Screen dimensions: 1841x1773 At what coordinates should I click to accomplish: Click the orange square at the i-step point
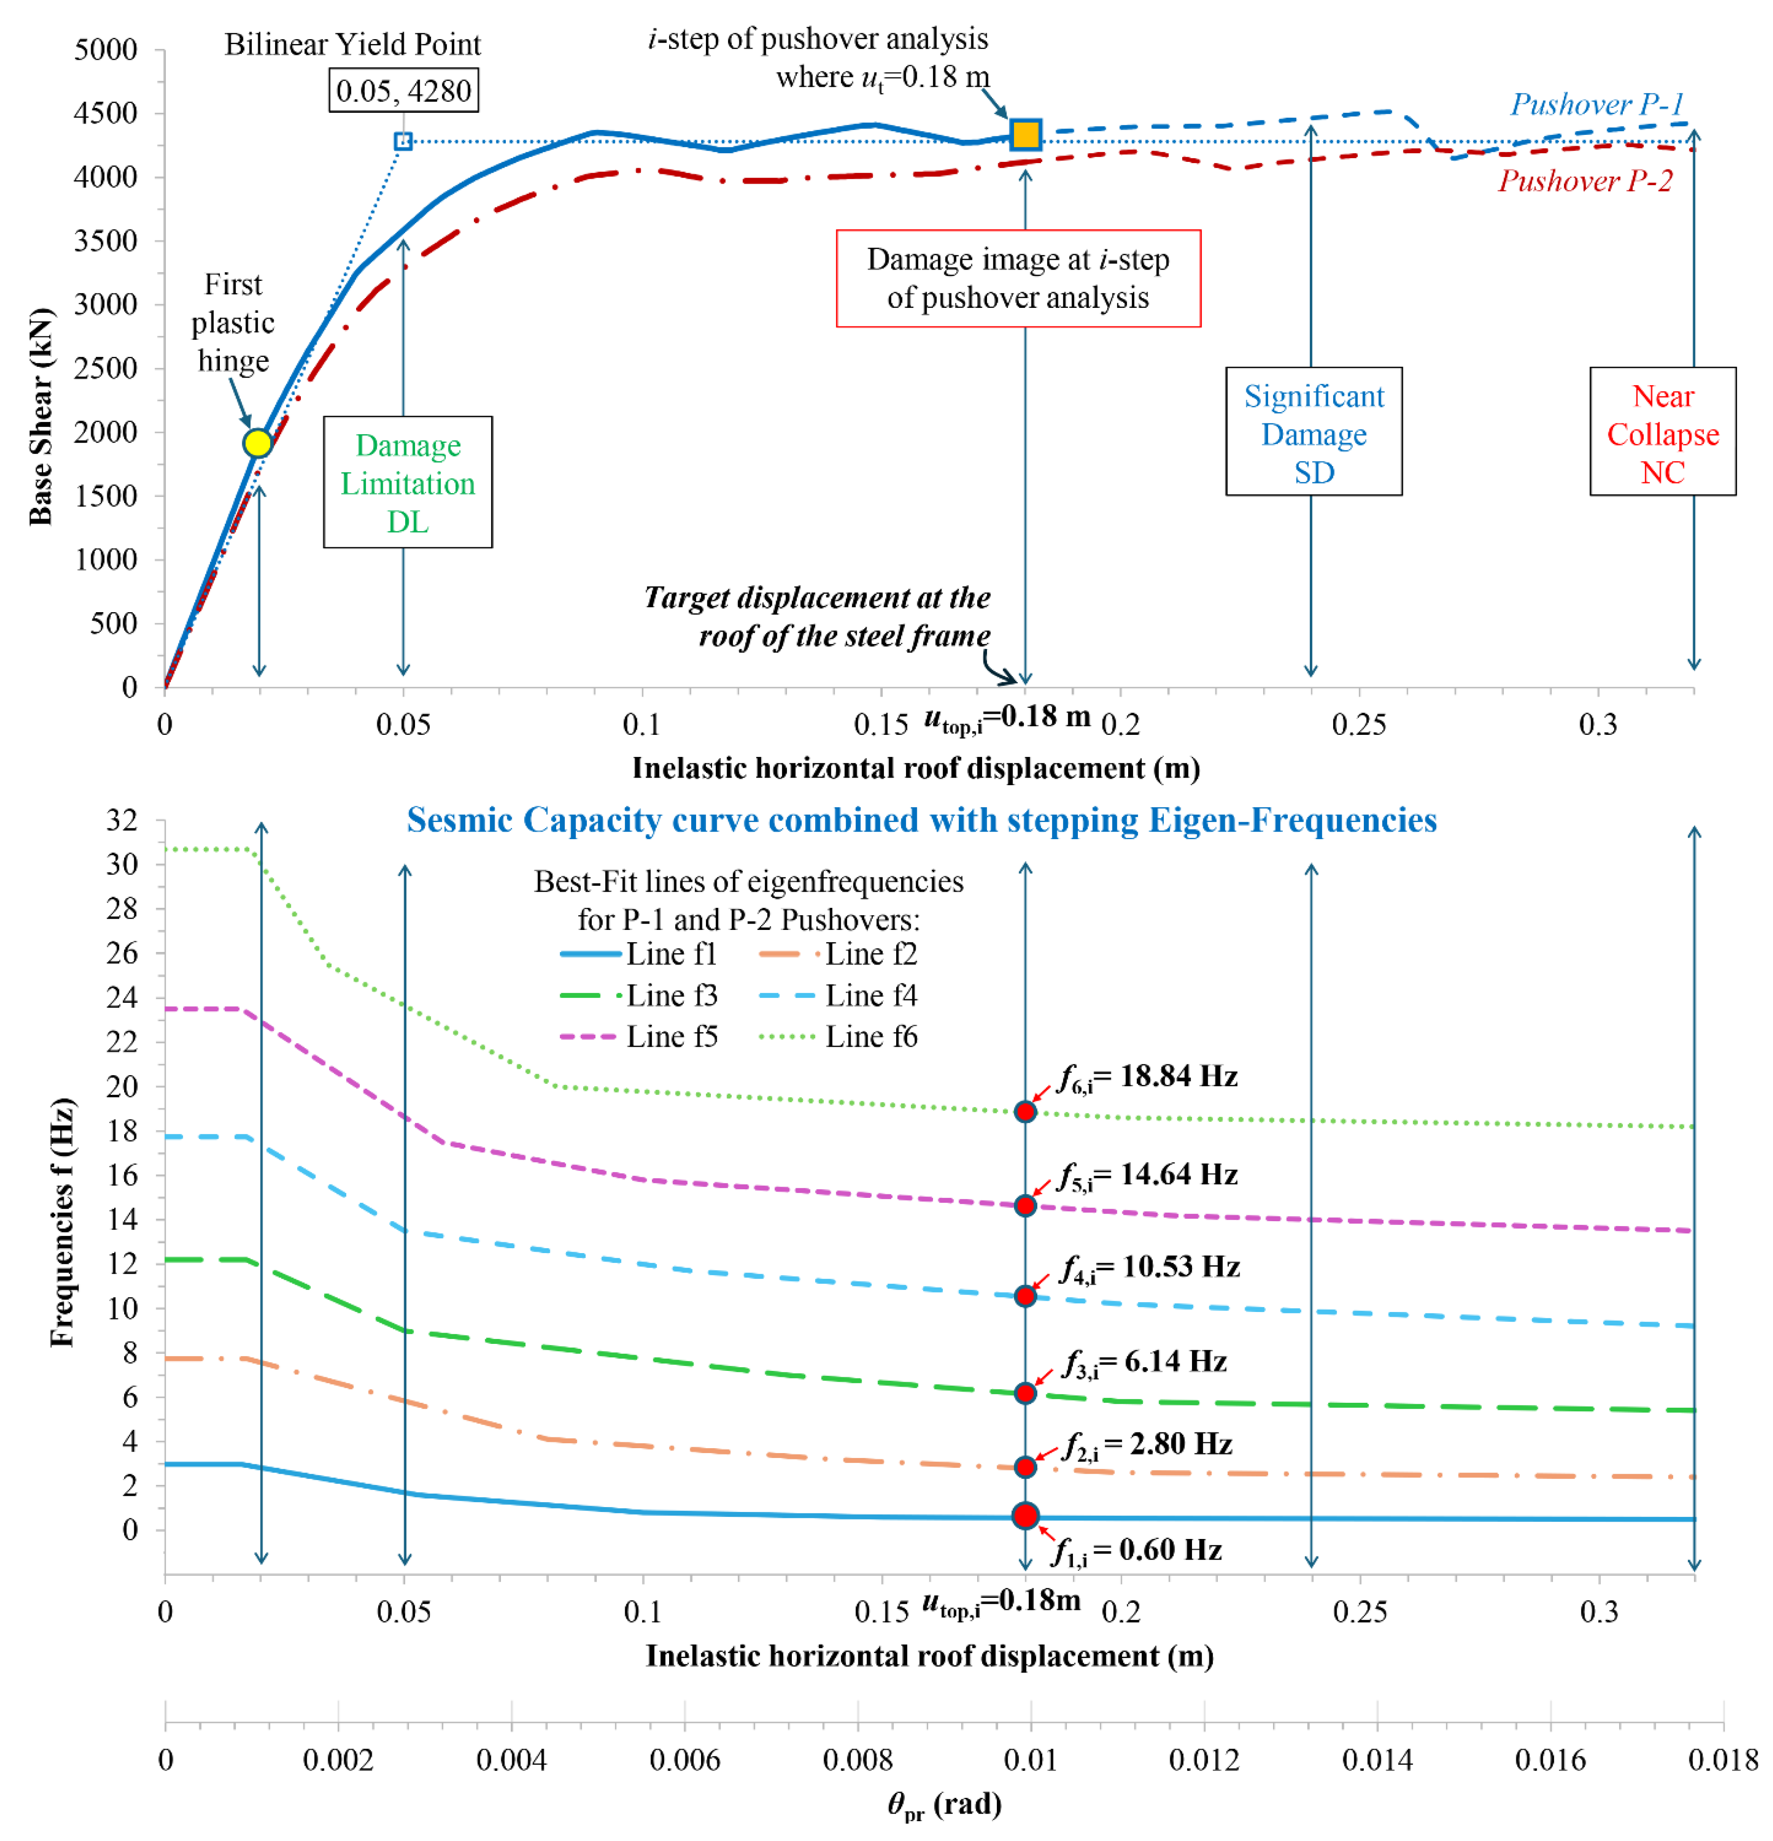[1025, 134]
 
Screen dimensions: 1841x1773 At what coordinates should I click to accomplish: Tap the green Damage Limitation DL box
[408, 483]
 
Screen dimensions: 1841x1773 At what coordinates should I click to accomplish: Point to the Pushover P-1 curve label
[1596, 104]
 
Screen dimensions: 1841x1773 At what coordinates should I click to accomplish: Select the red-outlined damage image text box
[1018, 278]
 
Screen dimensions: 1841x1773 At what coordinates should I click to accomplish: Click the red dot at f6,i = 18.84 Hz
[1025, 1111]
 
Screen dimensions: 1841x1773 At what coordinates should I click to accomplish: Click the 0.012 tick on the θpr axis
[1204, 1759]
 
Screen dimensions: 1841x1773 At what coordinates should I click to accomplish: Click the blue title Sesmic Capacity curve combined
[921, 820]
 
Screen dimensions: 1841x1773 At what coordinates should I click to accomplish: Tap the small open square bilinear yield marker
[403, 141]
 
